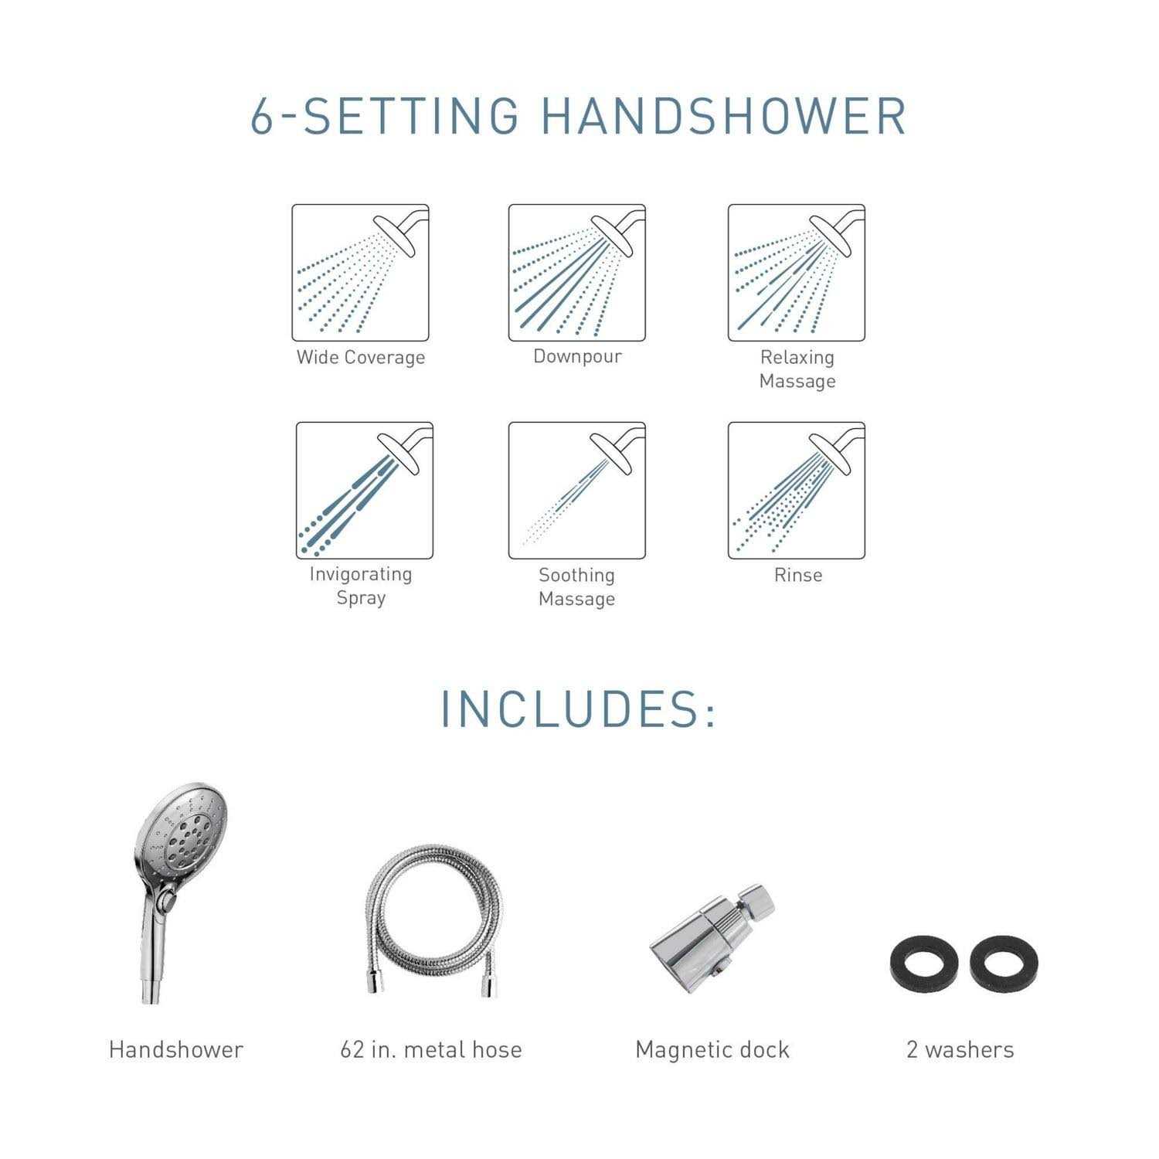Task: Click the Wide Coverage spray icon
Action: click(360, 273)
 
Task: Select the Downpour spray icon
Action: click(576, 273)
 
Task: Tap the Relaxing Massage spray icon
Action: click(796, 273)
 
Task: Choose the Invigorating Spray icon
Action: click(364, 490)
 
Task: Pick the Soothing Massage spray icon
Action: click(576, 490)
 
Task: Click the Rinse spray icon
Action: click(796, 490)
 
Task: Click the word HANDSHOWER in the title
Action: click(723, 117)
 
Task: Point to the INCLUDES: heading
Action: click(578, 709)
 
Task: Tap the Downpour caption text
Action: click(577, 356)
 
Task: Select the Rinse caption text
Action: click(797, 575)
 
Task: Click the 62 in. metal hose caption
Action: click(431, 1049)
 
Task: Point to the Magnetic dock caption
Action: click(712, 1049)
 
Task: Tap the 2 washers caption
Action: click(960, 1049)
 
